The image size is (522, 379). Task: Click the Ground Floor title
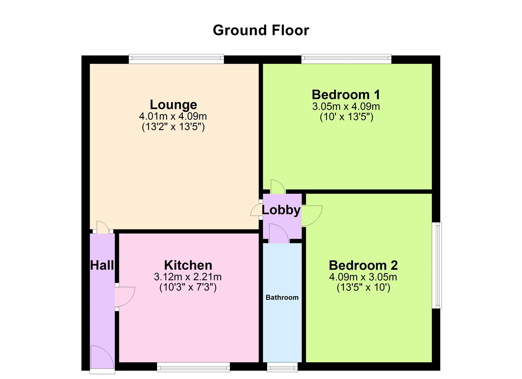(261, 31)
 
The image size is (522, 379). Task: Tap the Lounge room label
(173, 105)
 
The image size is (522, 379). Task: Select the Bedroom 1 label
(346, 94)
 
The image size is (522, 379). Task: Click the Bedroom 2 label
(363, 265)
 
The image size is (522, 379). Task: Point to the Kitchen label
(188, 265)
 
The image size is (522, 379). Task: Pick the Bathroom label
(282, 298)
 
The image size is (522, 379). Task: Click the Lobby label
(281, 210)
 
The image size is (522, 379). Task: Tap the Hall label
(102, 265)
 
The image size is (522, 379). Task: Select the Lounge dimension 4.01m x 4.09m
(173, 116)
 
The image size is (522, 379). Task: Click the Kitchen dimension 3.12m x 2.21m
(188, 277)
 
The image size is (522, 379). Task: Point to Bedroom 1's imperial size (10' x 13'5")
(346, 117)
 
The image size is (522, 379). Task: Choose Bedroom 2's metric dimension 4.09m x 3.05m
(363, 277)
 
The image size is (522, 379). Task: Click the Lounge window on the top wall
(176, 59)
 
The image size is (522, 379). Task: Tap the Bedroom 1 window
(346, 59)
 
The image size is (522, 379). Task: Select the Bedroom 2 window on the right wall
(437, 265)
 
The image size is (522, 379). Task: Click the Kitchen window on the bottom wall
(193, 367)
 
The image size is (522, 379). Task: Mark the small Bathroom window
(282, 367)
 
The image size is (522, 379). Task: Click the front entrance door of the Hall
(102, 358)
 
